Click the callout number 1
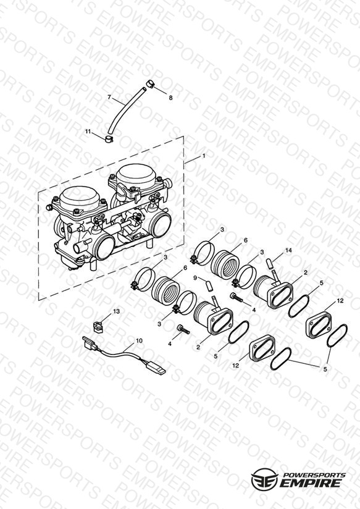coord(204,156)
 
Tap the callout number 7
coord(109,97)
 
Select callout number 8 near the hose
coord(171,98)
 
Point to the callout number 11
coord(88,131)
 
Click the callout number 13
coord(116,311)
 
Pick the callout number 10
coord(139,340)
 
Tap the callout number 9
coord(195,277)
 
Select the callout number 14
coord(288,250)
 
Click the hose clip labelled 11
coord(109,139)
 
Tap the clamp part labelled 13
coord(97,326)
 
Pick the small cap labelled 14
coord(269,263)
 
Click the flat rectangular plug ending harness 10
coord(156,368)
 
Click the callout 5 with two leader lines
coord(325,369)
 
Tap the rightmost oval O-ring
coord(337,335)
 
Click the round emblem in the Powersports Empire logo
coord(264,479)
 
